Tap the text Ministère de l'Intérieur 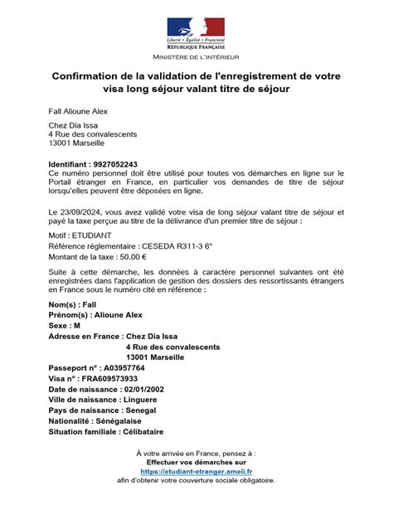(x=196, y=57)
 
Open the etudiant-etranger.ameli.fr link (x=196, y=471)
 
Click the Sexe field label (x=63, y=326)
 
